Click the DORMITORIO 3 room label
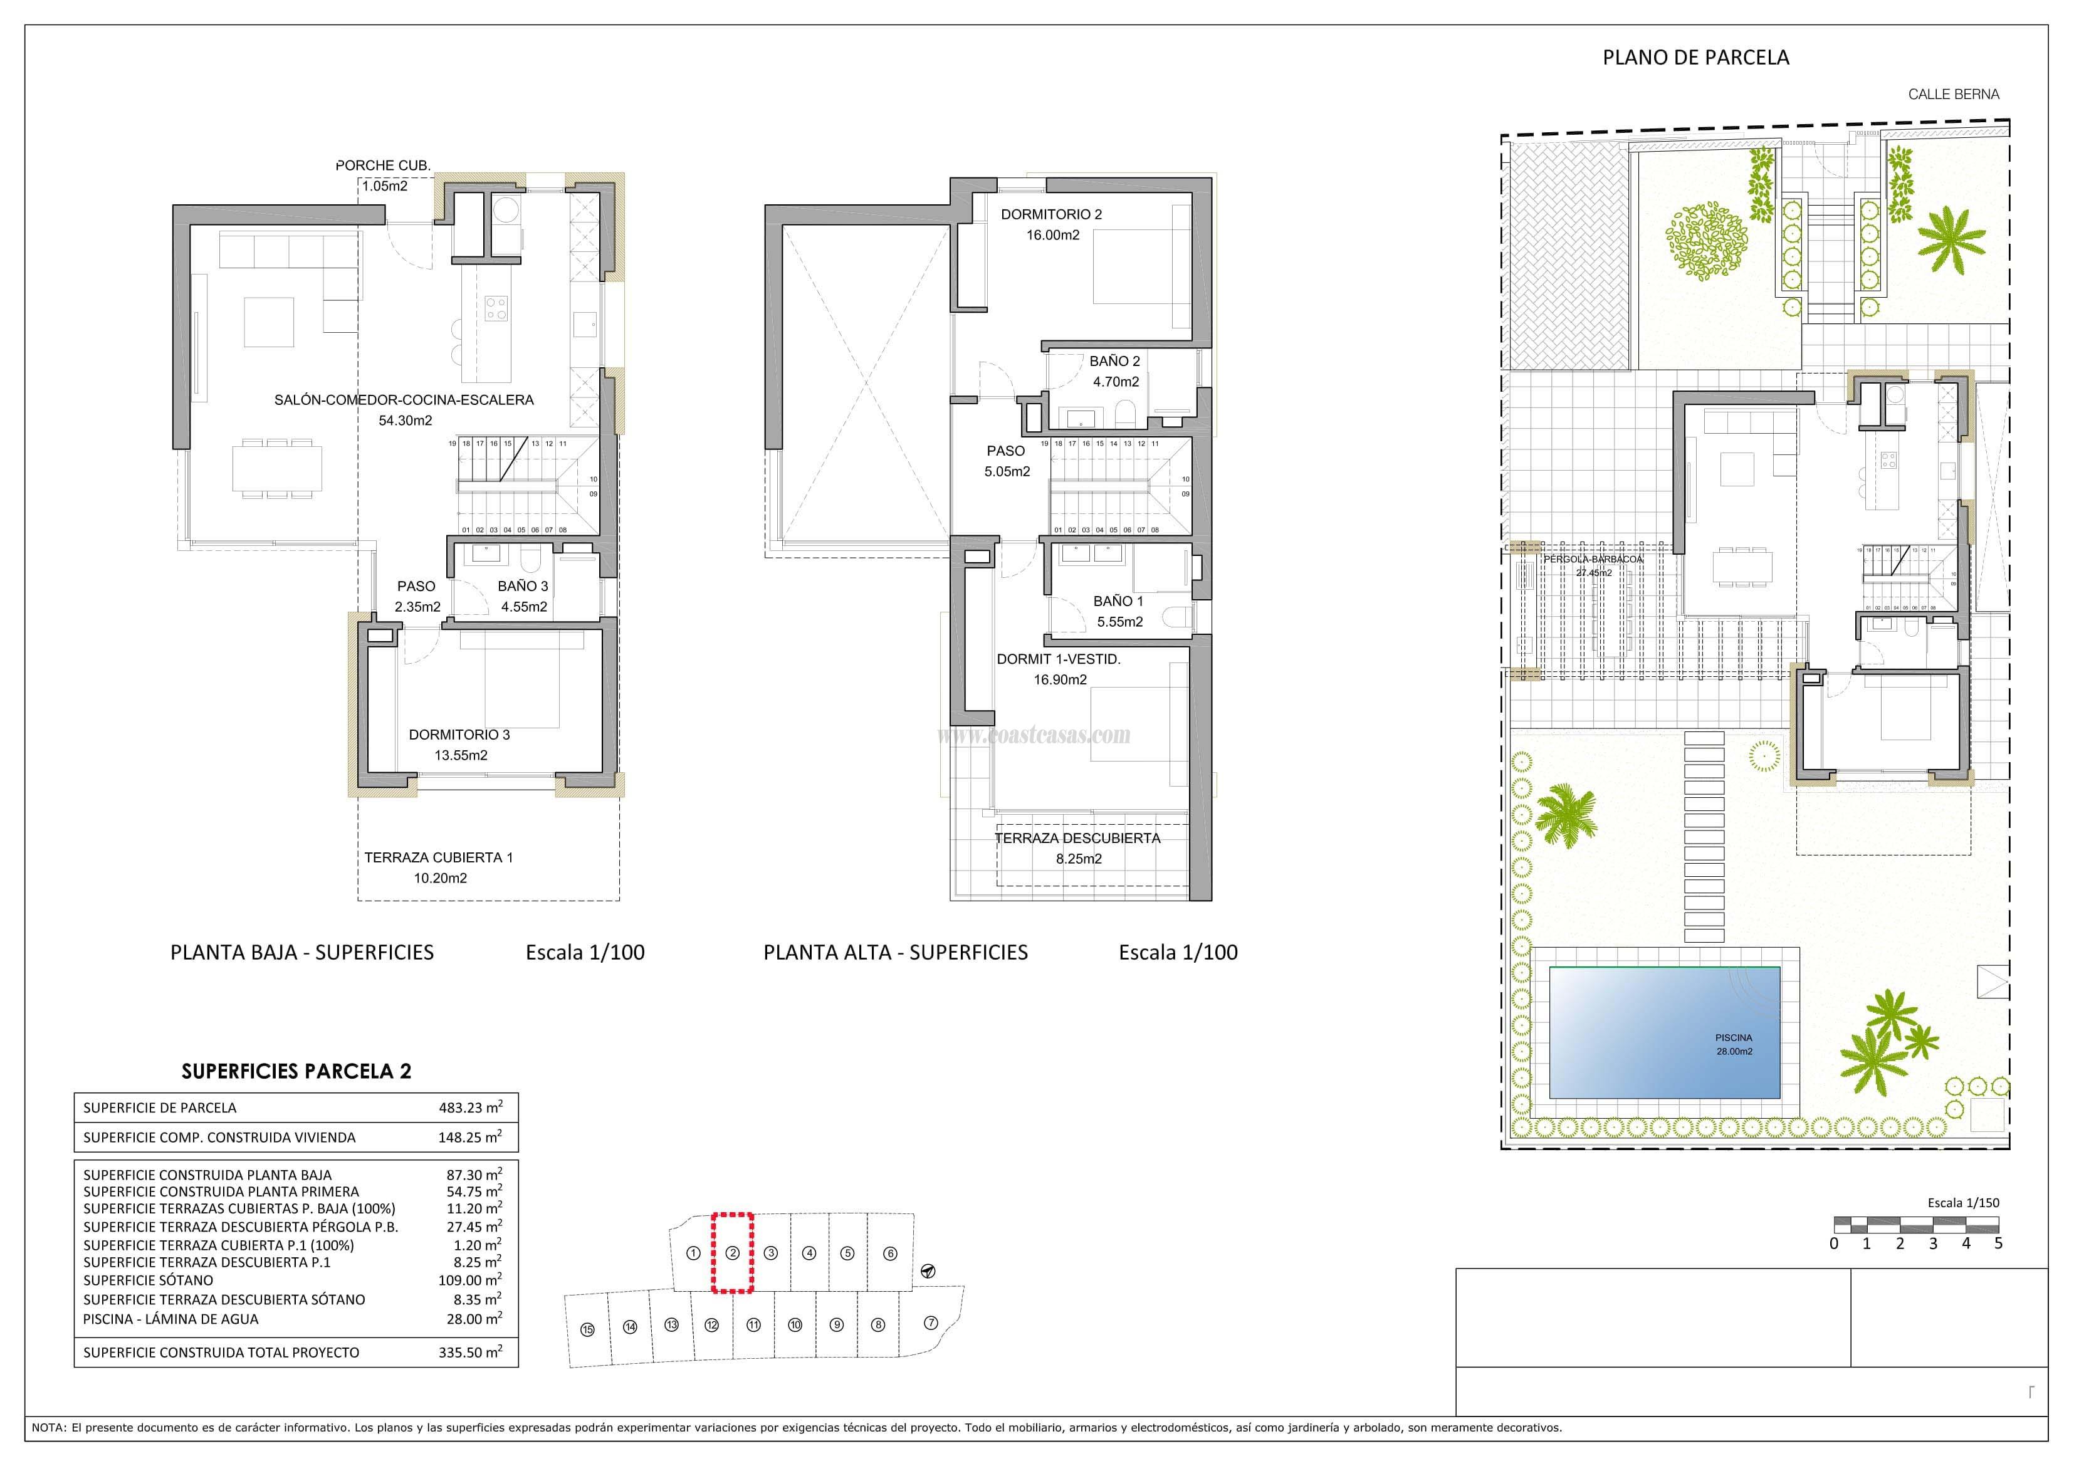[459, 735]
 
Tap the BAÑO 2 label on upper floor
[1114, 360]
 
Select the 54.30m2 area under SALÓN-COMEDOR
[405, 420]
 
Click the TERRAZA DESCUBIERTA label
[1077, 838]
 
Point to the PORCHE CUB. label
[383, 165]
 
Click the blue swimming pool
[1664, 1032]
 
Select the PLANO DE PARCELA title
[1695, 57]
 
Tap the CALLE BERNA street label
[1953, 94]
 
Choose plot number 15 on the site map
[587, 1329]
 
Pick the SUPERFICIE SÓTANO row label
[148, 1280]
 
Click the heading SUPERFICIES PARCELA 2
[296, 1071]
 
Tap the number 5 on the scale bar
[1998, 1243]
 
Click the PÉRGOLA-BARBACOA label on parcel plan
[1593, 559]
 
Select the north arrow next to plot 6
[928, 1271]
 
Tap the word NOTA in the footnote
[47, 1427]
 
